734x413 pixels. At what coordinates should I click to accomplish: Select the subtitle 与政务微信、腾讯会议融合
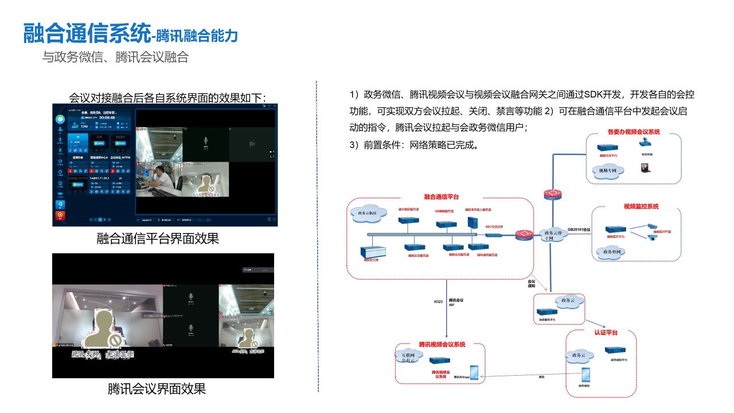115,57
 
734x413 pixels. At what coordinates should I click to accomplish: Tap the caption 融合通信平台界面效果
158,239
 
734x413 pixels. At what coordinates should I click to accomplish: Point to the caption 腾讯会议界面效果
157,389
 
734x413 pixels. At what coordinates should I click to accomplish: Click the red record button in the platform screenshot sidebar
60,216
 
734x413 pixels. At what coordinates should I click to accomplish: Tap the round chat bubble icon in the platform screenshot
60,119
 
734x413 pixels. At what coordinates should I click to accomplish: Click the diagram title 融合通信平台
442,197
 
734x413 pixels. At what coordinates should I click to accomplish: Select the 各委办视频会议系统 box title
634,132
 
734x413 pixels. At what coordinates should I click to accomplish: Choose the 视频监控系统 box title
641,206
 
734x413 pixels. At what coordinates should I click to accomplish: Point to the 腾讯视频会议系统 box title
442,344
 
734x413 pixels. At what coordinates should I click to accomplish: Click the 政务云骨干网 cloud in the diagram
549,235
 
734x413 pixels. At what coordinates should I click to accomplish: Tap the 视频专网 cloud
608,170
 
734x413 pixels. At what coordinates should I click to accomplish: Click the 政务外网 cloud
609,252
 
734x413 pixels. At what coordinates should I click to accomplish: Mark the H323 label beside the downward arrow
439,301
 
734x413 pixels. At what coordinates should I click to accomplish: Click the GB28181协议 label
579,229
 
